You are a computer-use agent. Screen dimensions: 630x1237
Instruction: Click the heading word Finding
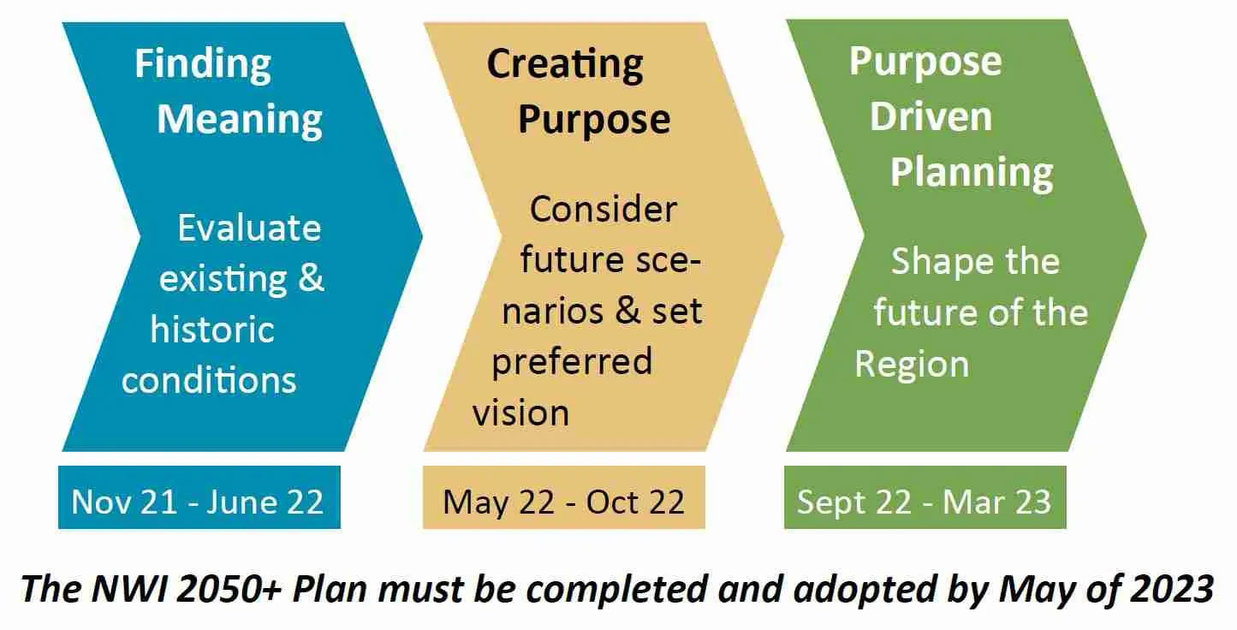[203, 65]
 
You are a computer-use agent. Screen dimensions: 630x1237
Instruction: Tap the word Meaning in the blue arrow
[240, 119]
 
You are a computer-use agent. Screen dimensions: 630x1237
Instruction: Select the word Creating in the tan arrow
[565, 65]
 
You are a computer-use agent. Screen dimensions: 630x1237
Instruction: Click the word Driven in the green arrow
[931, 116]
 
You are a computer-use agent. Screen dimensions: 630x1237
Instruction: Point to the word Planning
[972, 171]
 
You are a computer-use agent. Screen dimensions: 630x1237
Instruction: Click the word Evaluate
[249, 228]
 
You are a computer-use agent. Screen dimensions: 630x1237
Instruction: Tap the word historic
[212, 330]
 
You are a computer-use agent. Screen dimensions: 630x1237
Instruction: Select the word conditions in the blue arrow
[209, 379]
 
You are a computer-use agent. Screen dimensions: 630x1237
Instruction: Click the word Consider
[604, 209]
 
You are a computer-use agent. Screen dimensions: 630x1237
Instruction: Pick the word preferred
[572, 361]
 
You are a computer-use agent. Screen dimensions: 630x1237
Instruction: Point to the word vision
[521, 413]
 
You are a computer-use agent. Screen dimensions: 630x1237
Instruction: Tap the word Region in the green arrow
[912, 365]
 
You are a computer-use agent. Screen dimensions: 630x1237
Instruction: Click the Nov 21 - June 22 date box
[199, 498]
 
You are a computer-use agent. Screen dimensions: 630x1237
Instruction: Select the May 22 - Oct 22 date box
[563, 498]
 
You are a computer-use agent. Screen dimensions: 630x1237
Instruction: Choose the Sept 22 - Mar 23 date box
[925, 498]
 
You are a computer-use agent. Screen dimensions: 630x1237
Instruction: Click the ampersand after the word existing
[310, 279]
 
